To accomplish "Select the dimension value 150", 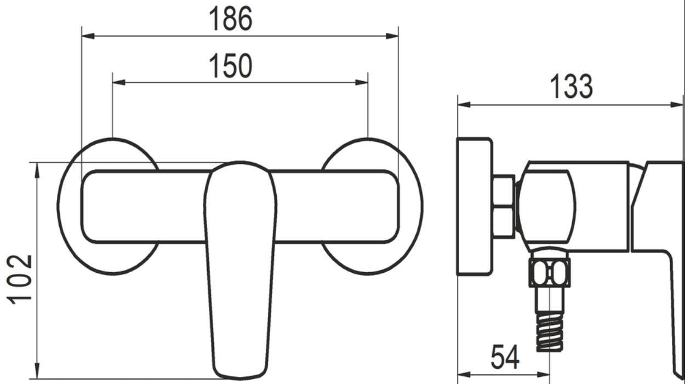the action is (231, 66).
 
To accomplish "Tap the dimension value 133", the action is (571, 87).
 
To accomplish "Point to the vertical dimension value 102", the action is (19, 279).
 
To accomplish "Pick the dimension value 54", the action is (505, 357).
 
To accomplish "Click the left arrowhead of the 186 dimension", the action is (88, 36).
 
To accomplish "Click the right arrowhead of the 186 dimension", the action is (392, 36).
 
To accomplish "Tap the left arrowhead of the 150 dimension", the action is (119, 82).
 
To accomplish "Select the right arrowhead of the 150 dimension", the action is (362, 82).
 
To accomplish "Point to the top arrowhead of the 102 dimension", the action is (37, 170).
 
